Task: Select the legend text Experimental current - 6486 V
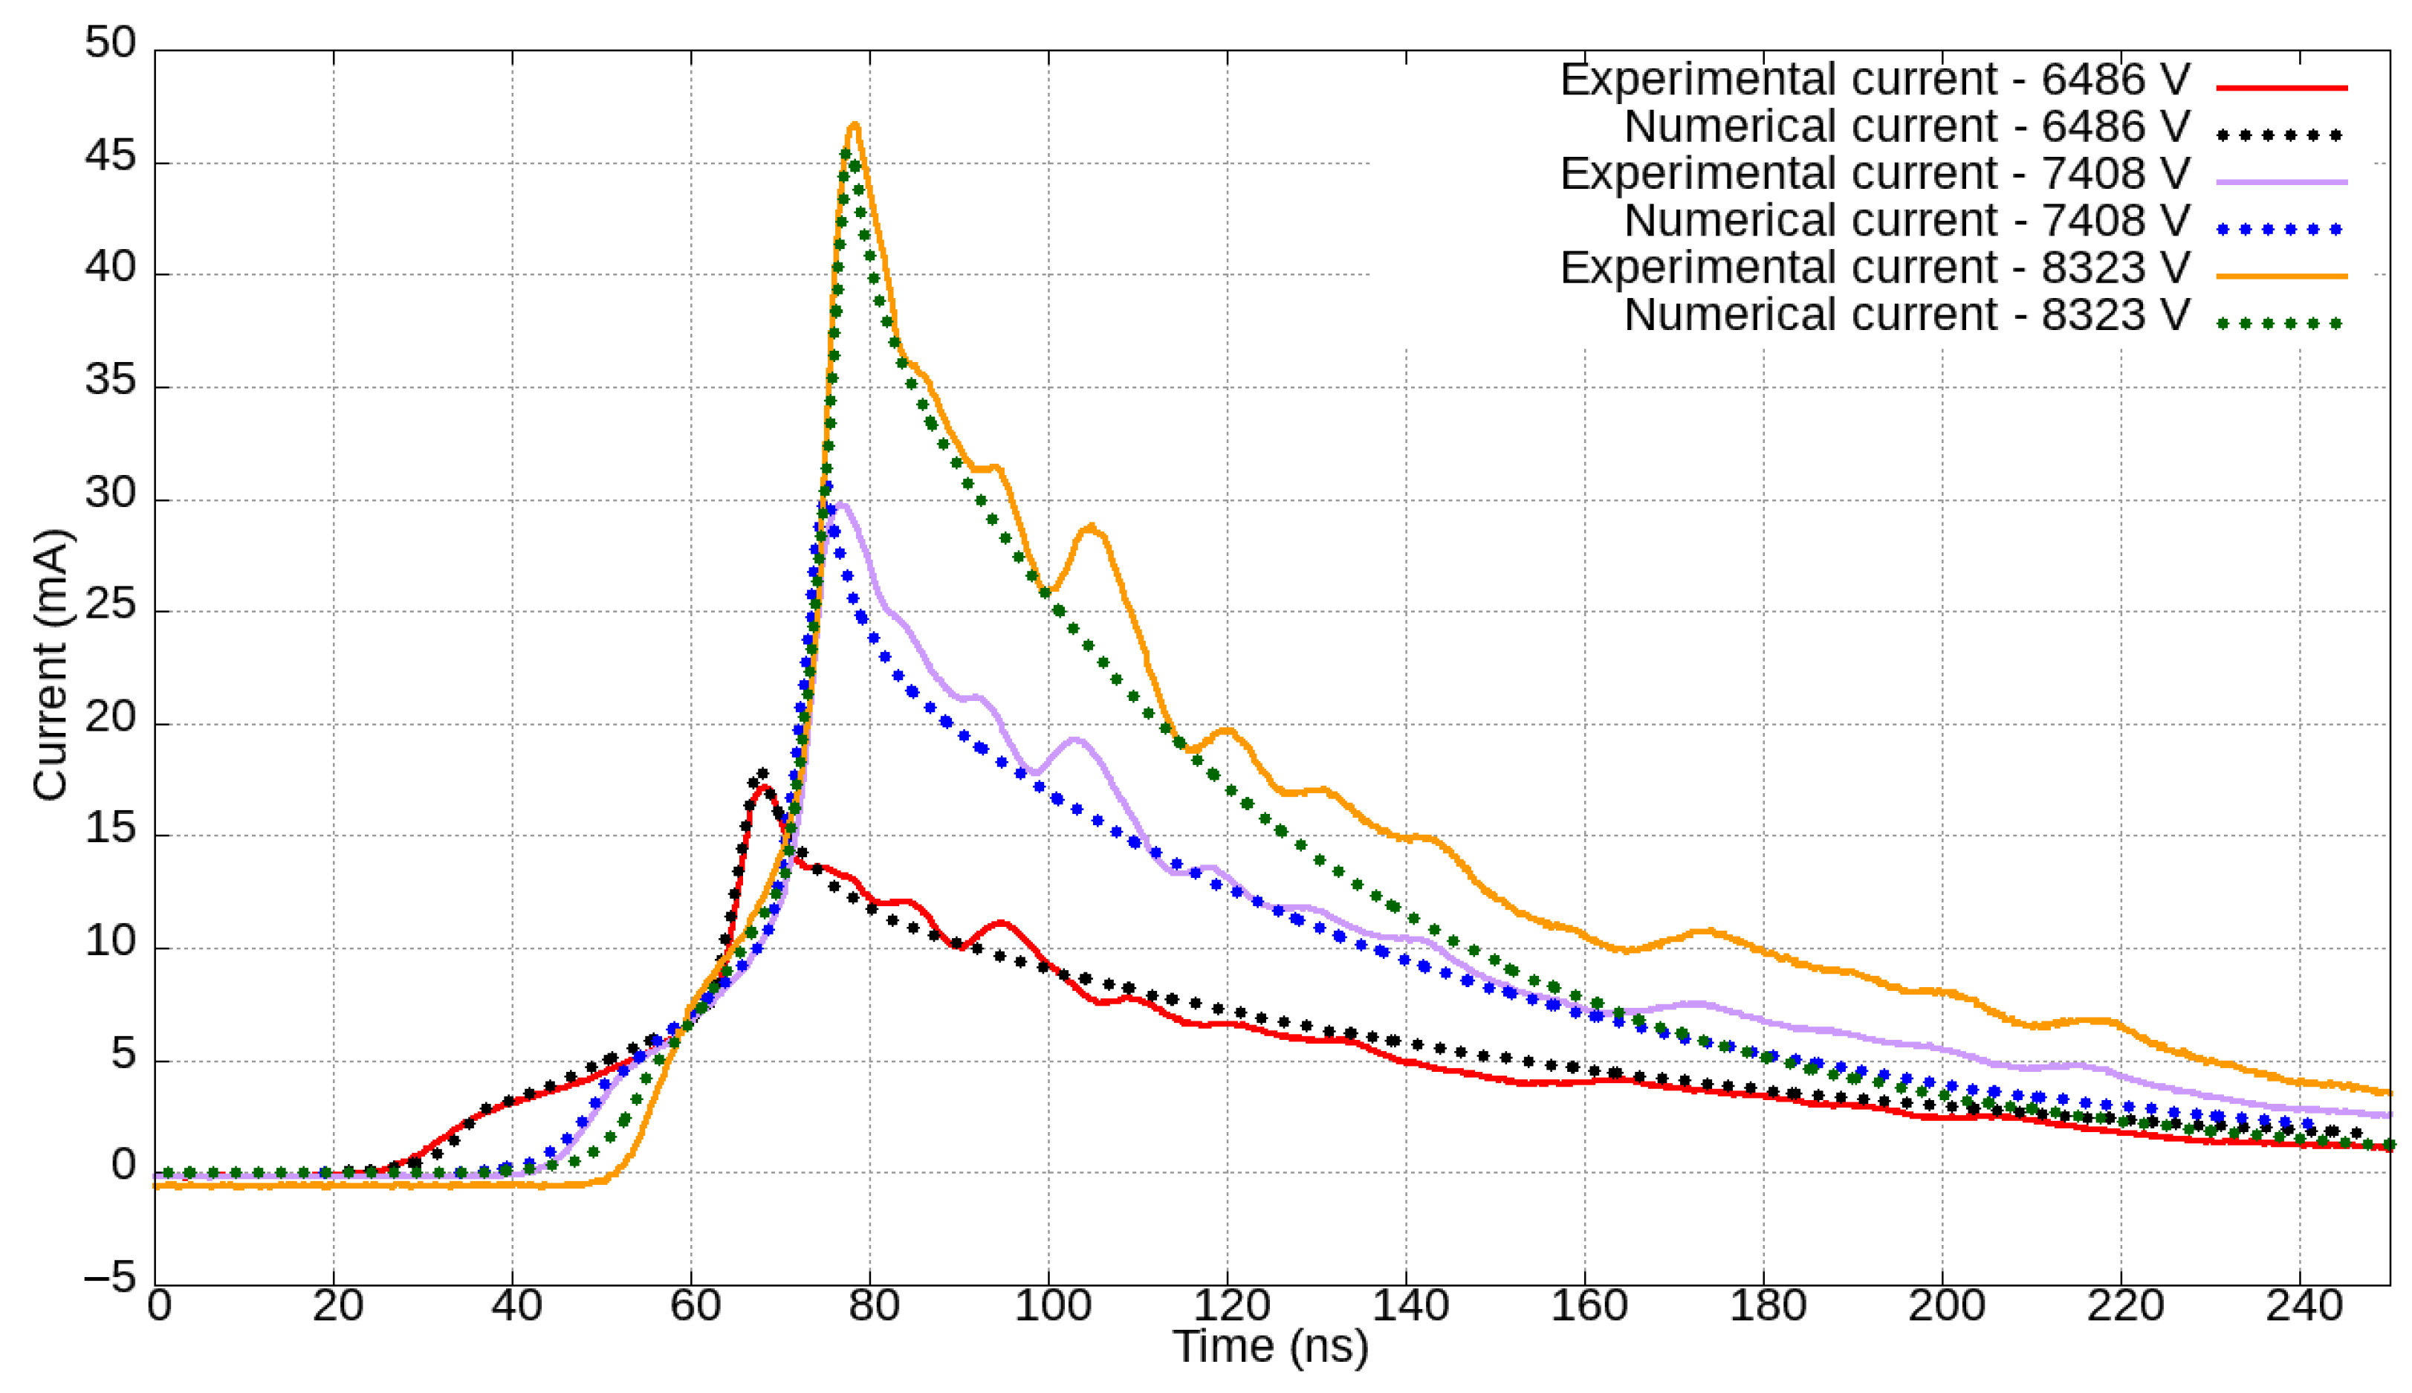[x=1875, y=80]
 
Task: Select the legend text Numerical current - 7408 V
[x=1906, y=221]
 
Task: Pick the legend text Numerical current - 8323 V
[x=1906, y=314]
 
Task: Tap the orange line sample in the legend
[x=2281, y=277]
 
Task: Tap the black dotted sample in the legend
[x=2281, y=135]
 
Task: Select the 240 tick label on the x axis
[x=2303, y=1305]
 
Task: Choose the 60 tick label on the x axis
[x=694, y=1305]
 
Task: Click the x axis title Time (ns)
[x=1270, y=1347]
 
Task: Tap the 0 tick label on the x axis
[x=159, y=1305]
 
